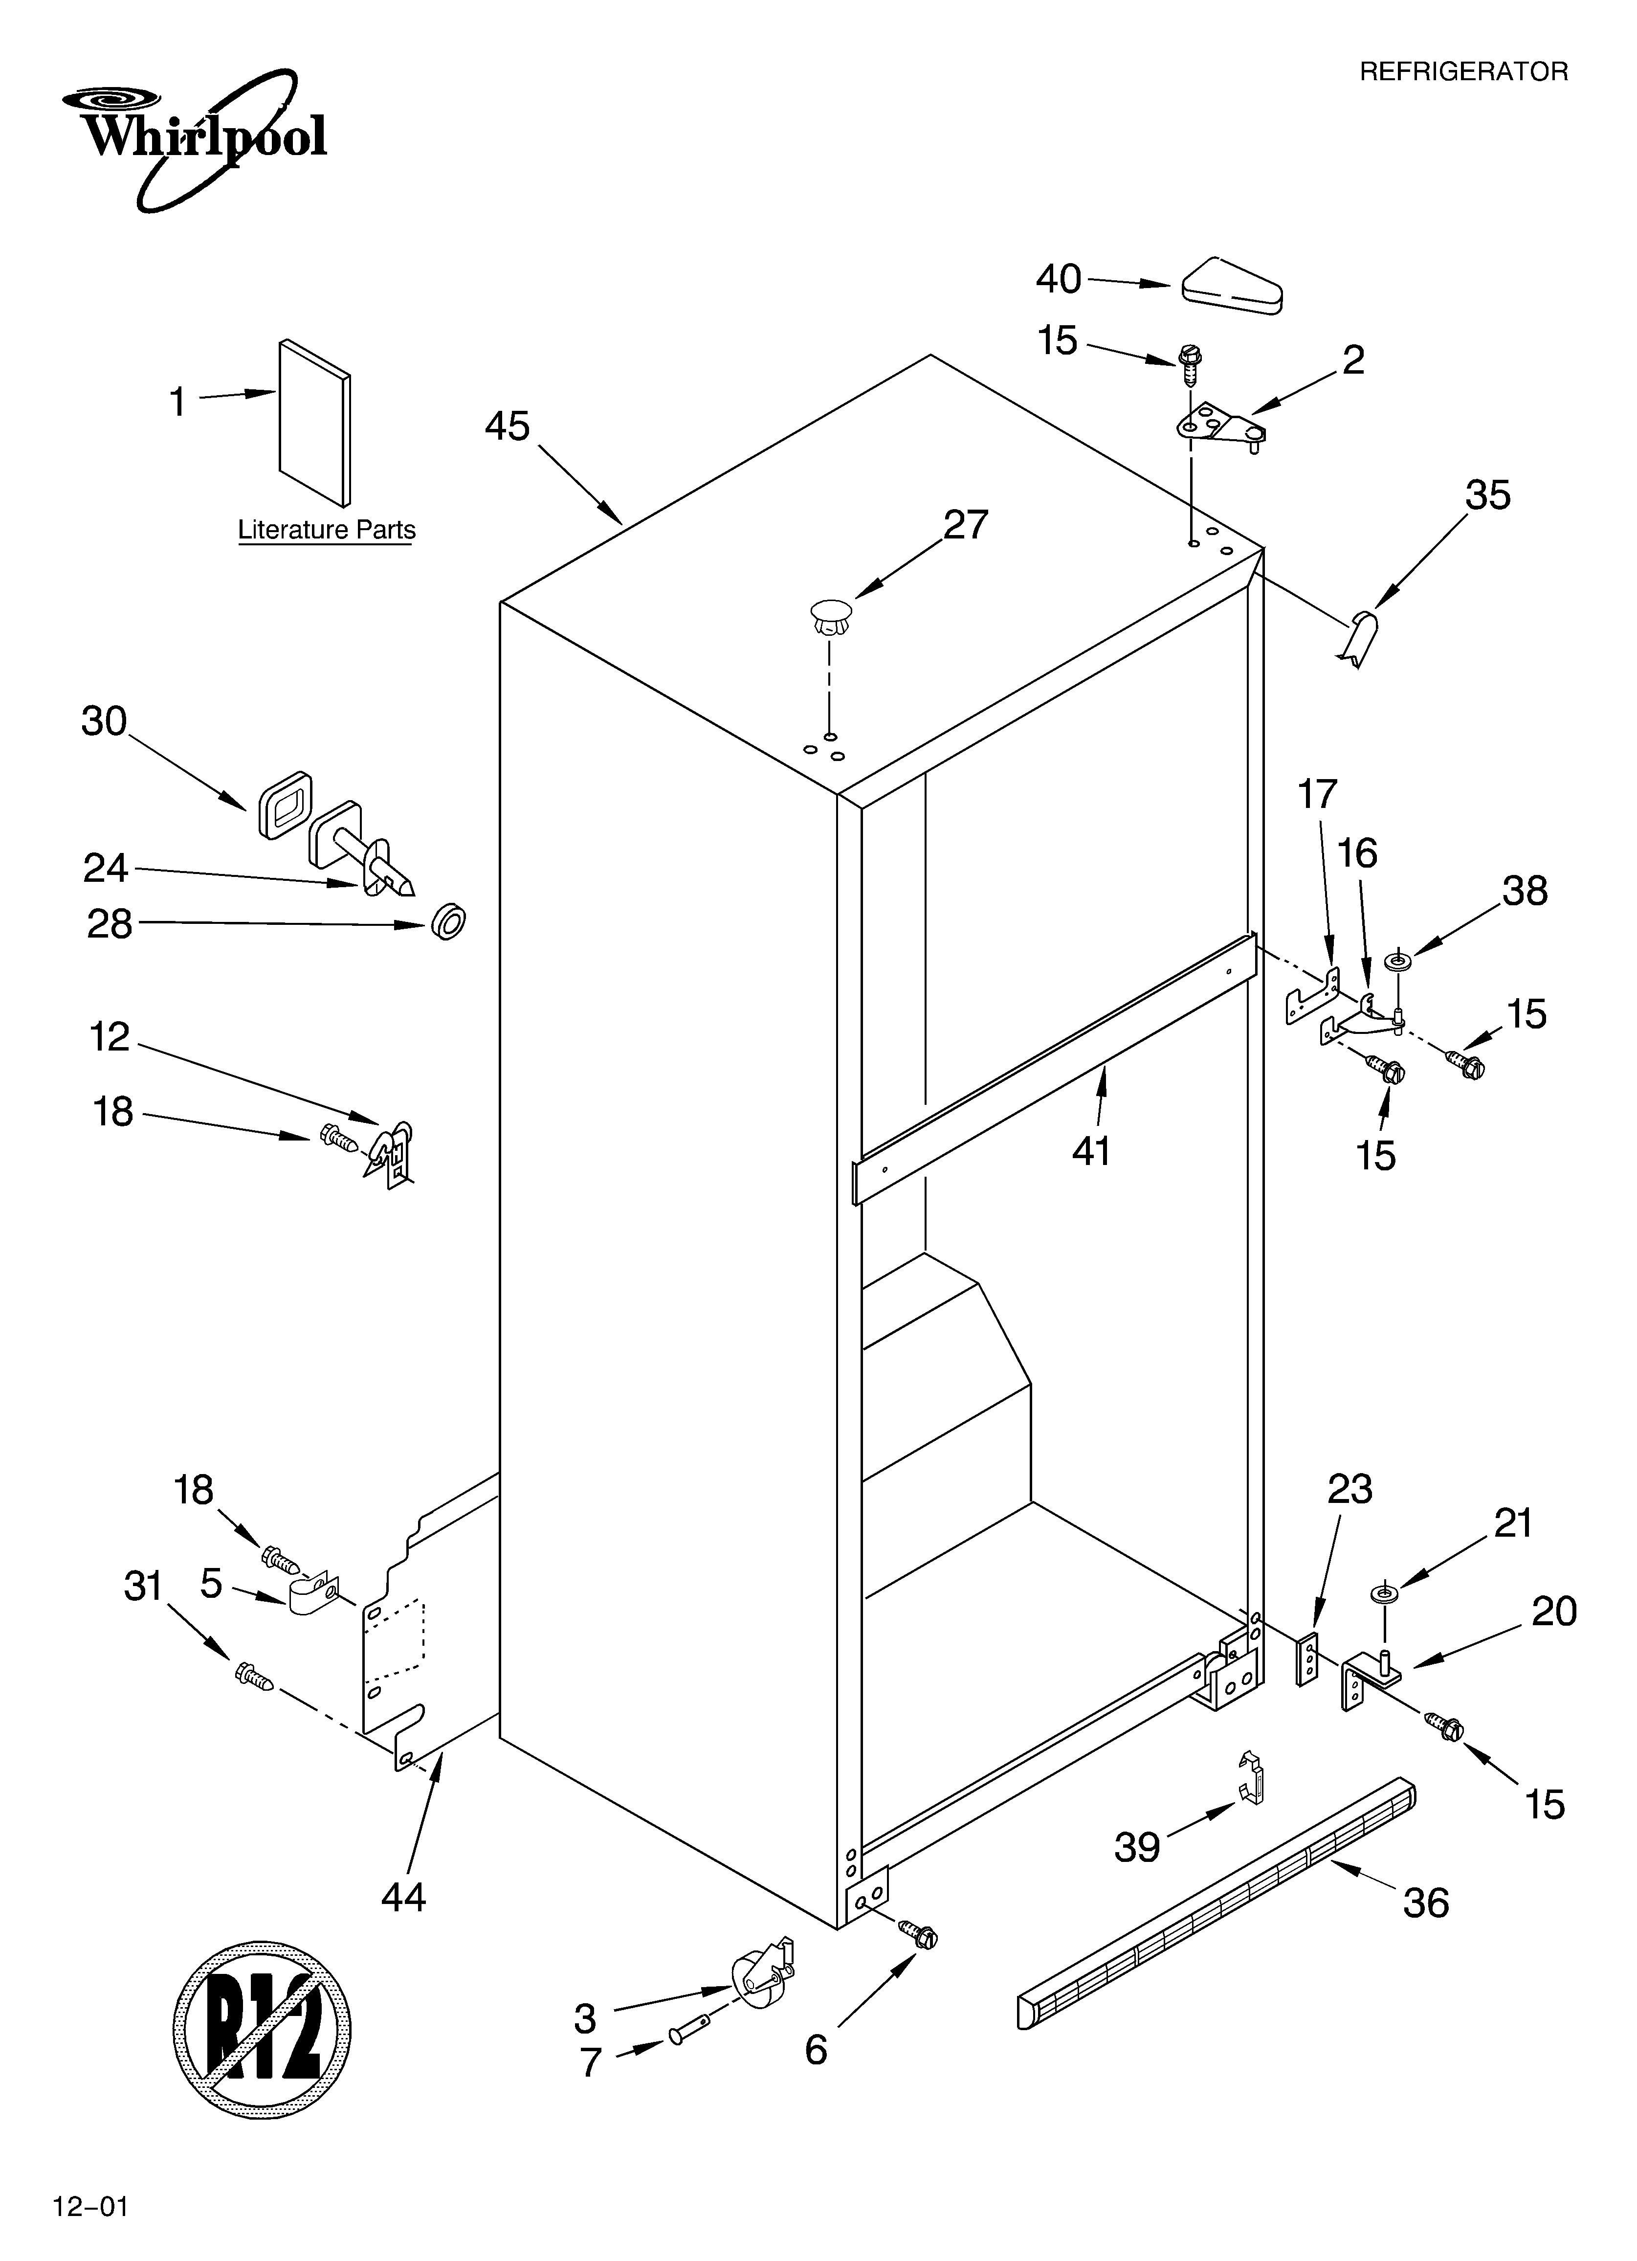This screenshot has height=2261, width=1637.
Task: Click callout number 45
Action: pyautogui.click(x=508, y=426)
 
